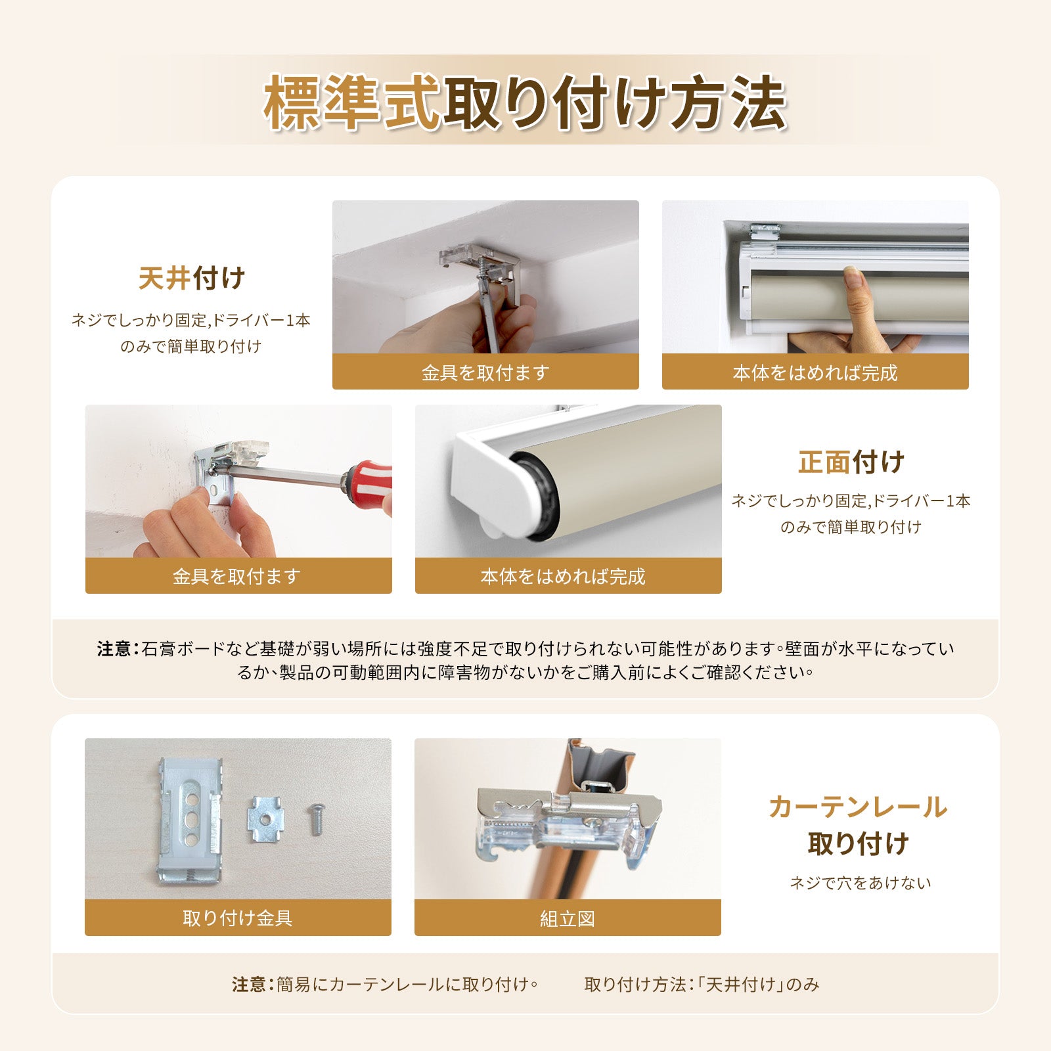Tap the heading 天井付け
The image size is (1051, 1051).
tap(191, 279)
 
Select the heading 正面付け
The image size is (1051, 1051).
tap(851, 462)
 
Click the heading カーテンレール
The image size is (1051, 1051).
tap(858, 807)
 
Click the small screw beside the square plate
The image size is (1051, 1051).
tap(315, 819)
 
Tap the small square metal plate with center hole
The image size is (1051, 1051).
tap(265, 818)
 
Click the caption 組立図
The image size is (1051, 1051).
tap(568, 918)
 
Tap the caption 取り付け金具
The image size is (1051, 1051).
tap(238, 918)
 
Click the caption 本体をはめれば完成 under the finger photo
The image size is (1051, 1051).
tap(815, 372)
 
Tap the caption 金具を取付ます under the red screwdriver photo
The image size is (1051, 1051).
tap(238, 576)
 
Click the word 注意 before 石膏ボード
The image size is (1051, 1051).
tap(114, 649)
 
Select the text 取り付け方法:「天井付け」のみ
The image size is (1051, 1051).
tap(702, 984)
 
